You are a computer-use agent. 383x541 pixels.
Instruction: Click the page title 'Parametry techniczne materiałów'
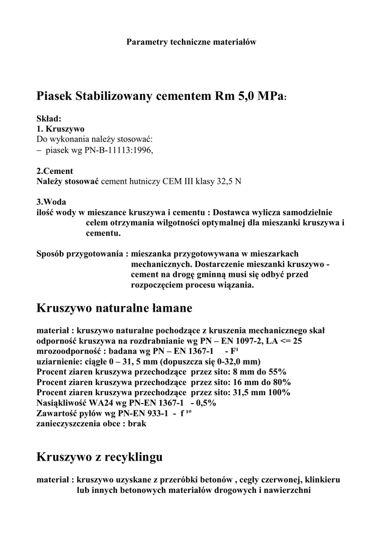click(191, 42)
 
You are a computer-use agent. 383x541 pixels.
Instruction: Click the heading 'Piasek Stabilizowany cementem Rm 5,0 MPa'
click(160, 97)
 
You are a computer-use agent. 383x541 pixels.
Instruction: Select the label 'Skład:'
click(49, 119)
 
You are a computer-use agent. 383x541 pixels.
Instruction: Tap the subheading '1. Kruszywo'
click(60, 129)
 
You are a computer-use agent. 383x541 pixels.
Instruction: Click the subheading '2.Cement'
click(55, 171)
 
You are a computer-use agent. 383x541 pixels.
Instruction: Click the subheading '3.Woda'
click(51, 201)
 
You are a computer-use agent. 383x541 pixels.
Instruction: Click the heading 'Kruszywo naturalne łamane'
click(114, 307)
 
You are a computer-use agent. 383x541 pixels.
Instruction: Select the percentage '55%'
click(277, 371)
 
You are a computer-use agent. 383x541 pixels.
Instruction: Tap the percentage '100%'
click(279, 393)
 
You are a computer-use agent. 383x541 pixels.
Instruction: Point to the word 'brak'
click(136, 423)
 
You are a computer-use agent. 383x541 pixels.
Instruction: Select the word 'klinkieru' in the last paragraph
click(323, 480)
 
